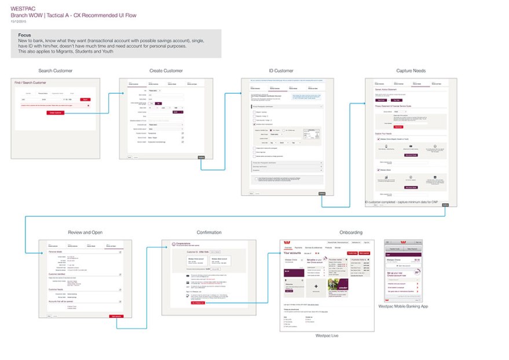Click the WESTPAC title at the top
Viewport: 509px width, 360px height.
pyautogui.click(x=21, y=8)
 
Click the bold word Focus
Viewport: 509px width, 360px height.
pyautogui.click(x=25, y=35)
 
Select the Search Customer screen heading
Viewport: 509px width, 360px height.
pyautogui.click(x=55, y=71)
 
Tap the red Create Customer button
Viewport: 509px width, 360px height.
pyautogui.click(x=57, y=112)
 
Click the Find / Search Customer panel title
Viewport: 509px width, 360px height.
pyautogui.click(x=30, y=83)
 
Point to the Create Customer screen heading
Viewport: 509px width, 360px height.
pyautogui.click(x=166, y=71)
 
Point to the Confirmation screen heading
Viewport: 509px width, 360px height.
pyautogui.click(x=208, y=233)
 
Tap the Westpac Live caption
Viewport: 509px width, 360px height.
pyautogui.click(x=327, y=336)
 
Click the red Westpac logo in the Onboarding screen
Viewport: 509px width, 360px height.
pyautogui.click(x=290, y=243)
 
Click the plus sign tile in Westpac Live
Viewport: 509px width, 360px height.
pyautogui.click(x=316, y=286)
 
